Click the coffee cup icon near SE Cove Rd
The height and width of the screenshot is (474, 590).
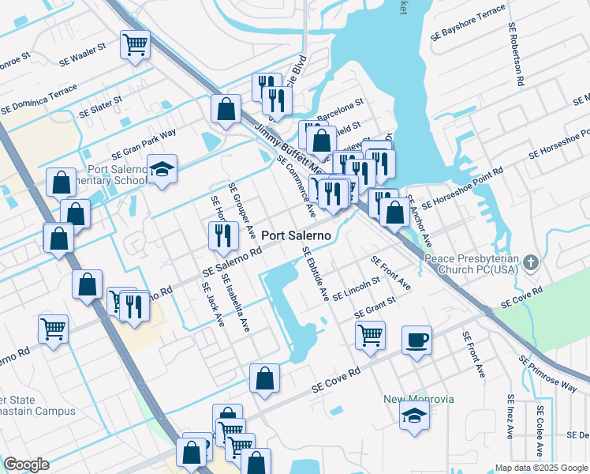(416, 340)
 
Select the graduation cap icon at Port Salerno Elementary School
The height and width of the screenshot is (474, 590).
(162, 170)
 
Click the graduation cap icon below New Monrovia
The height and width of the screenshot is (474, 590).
(414, 416)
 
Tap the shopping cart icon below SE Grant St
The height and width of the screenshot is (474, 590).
(370, 334)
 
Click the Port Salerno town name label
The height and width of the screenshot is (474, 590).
(296, 235)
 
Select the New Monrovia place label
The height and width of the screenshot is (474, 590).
(419, 399)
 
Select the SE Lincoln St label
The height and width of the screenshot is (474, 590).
(357, 289)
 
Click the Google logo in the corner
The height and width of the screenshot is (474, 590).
(26, 465)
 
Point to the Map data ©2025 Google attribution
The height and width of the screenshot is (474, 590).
(540, 468)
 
